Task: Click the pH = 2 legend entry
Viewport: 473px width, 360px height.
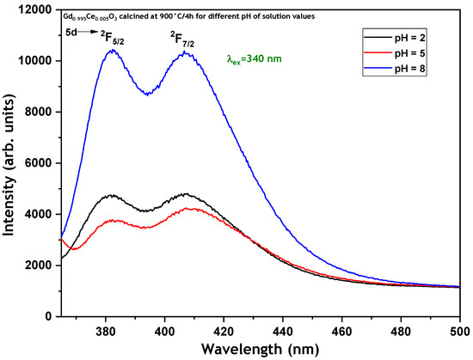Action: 395,38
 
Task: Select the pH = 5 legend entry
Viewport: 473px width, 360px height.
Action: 395,53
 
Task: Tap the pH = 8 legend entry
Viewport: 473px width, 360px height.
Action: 395,69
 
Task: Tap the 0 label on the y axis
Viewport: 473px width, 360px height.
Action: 48,316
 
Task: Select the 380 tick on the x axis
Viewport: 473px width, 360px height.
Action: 106,332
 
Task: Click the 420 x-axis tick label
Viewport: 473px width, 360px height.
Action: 224,332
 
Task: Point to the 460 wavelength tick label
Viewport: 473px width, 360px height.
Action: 341,332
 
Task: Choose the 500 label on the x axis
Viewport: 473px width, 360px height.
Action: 460,332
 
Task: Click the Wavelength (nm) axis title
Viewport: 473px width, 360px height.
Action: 260,350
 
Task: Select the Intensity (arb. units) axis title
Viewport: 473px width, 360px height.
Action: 9,164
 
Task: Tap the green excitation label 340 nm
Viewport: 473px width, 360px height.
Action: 254,58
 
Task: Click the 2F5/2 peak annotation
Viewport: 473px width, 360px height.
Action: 113,39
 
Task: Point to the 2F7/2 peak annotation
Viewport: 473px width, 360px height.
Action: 182,40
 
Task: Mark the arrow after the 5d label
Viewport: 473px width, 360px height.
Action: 88,32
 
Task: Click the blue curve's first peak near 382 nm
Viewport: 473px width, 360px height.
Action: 113,50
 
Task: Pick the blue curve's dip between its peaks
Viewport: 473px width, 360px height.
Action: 147,95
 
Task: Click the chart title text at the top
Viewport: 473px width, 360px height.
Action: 188,16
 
